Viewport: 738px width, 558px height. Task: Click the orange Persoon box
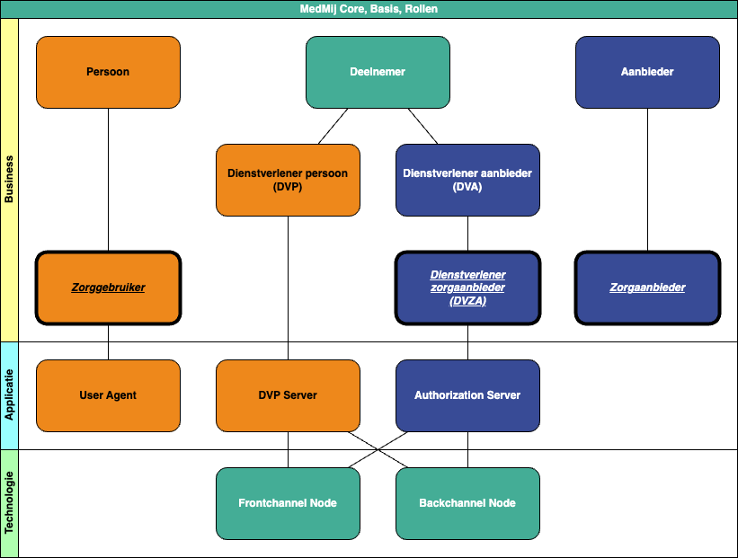tap(108, 72)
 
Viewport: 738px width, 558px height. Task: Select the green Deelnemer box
tap(378, 72)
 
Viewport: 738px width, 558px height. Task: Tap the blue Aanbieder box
tap(647, 72)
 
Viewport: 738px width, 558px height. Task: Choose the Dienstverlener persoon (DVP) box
tap(288, 180)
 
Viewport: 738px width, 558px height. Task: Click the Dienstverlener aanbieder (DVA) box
tap(467, 180)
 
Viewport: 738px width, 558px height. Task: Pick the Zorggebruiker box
tap(108, 288)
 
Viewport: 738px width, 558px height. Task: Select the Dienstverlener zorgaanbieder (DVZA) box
tap(467, 288)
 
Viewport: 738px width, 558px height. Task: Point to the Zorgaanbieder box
tap(647, 288)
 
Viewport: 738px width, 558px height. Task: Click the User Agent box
tap(108, 395)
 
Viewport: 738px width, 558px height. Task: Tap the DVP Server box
tap(288, 395)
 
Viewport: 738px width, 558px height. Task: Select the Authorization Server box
tap(467, 395)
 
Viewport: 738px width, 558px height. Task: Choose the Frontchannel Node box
tap(288, 503)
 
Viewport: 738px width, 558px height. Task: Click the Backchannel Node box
tap(467, 503)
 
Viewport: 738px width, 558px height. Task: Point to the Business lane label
tap(9, 180)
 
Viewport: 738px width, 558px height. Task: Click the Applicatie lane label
tap(9, 395)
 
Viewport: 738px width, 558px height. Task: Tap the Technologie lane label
tap(9, 503)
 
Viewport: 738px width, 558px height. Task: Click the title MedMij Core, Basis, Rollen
tap(369, 9)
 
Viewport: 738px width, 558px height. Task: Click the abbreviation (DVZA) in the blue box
tap(467, 301)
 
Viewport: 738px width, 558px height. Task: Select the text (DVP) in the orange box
tap(288, 187)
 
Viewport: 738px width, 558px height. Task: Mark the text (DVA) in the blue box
tap(467, 187)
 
